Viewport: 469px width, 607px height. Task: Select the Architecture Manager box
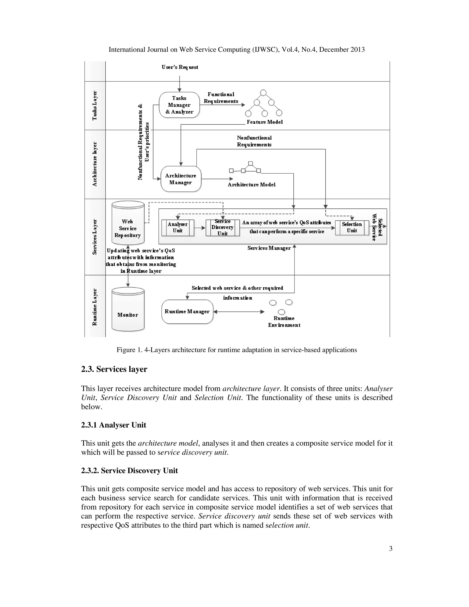click(x=181, y=179)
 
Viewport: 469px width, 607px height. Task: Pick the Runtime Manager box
click(x=187, y=312)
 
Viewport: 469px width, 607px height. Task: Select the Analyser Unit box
click(x=177, y=228)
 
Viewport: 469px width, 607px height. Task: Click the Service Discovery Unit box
click(x=223, y=228)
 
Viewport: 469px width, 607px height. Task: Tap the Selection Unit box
click(x=352, y=228)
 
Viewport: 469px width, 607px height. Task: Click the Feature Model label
click(x=264, y=122)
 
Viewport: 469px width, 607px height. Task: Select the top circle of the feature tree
click(x=263, y=93)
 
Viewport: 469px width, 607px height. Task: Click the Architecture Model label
click(x=251, y=185)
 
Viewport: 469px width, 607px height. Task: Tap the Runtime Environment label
click(x=284, y=322)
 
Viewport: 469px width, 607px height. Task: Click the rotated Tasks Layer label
click(x=95, y=105)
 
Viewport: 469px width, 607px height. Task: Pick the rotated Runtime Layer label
click(x=95, y=307)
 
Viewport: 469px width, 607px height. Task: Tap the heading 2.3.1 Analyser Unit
click(x=113, y=425)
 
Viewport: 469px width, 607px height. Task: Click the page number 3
click(x=390, y=549)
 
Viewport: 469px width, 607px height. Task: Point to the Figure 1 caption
click(x=236, y=350)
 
